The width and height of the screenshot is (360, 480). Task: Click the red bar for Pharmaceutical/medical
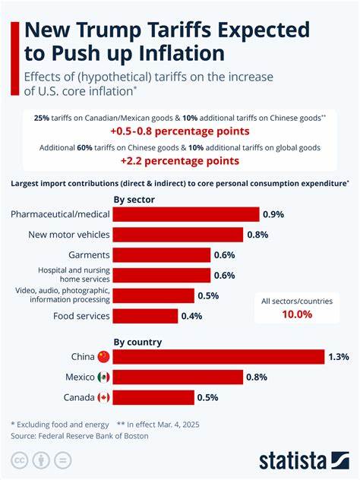click(x=186, y=214)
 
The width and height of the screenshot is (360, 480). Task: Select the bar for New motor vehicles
click(x=178, y=235)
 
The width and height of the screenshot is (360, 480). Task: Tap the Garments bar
click(x=162, y=255)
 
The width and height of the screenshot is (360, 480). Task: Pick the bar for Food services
click(x=146, y=316)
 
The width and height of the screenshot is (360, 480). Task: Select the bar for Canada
click(x=154, y=397)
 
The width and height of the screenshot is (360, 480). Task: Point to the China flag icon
click(x=103, y=356)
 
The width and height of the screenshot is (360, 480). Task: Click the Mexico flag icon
click(x=103, y=377)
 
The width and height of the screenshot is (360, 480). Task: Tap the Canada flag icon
click(x=103, y=397)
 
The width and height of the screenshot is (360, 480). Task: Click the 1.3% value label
click(x=339, y=356)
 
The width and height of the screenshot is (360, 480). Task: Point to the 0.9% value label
click(x=274, y=214)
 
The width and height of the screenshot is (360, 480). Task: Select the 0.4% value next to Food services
click(x=193, y=316)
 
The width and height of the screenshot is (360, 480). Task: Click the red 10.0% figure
click(x=296, y=314)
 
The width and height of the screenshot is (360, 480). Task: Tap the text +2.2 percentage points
click(x=179, y=160)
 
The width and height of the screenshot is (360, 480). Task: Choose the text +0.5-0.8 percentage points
click(x=179, y=131)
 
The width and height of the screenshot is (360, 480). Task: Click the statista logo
click(x=301, y=459)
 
